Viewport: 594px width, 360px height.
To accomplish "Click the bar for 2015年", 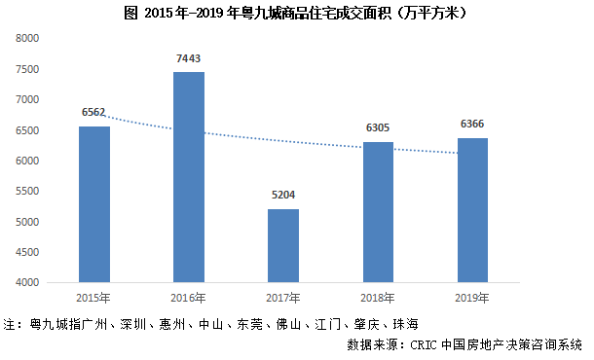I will pos(94,204).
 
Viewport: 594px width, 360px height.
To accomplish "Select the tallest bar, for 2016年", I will pos(189,177).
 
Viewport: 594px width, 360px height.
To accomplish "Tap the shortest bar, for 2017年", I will pos(283,245).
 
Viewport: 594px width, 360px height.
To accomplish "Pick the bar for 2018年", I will pos(378,212).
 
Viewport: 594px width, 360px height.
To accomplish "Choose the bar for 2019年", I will pos(472,210).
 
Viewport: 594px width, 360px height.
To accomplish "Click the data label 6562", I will pos(94,114).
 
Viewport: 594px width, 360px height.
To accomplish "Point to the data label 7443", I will pos(189,59).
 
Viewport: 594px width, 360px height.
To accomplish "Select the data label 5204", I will pos(283,197).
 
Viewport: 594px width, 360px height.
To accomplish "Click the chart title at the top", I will pos(297,13).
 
